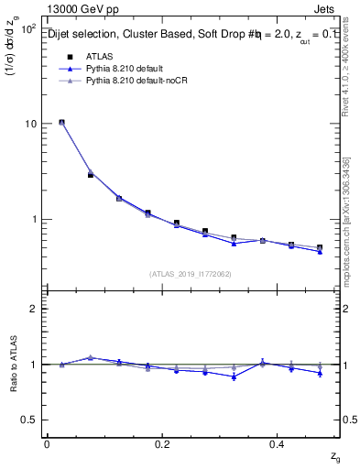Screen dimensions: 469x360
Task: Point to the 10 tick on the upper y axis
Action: pos(30,124)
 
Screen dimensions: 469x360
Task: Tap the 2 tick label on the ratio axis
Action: pos(33,309)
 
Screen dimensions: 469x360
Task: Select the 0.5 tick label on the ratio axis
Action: pos(29,420)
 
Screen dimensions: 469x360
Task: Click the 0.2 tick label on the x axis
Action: pos(162,443)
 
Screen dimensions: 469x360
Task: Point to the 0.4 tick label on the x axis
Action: pos(279,443)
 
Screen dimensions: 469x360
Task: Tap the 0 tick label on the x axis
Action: pos(47,443)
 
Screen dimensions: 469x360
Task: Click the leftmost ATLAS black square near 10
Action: pos(61,122)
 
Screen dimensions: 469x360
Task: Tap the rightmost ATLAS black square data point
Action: pos(320,247)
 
